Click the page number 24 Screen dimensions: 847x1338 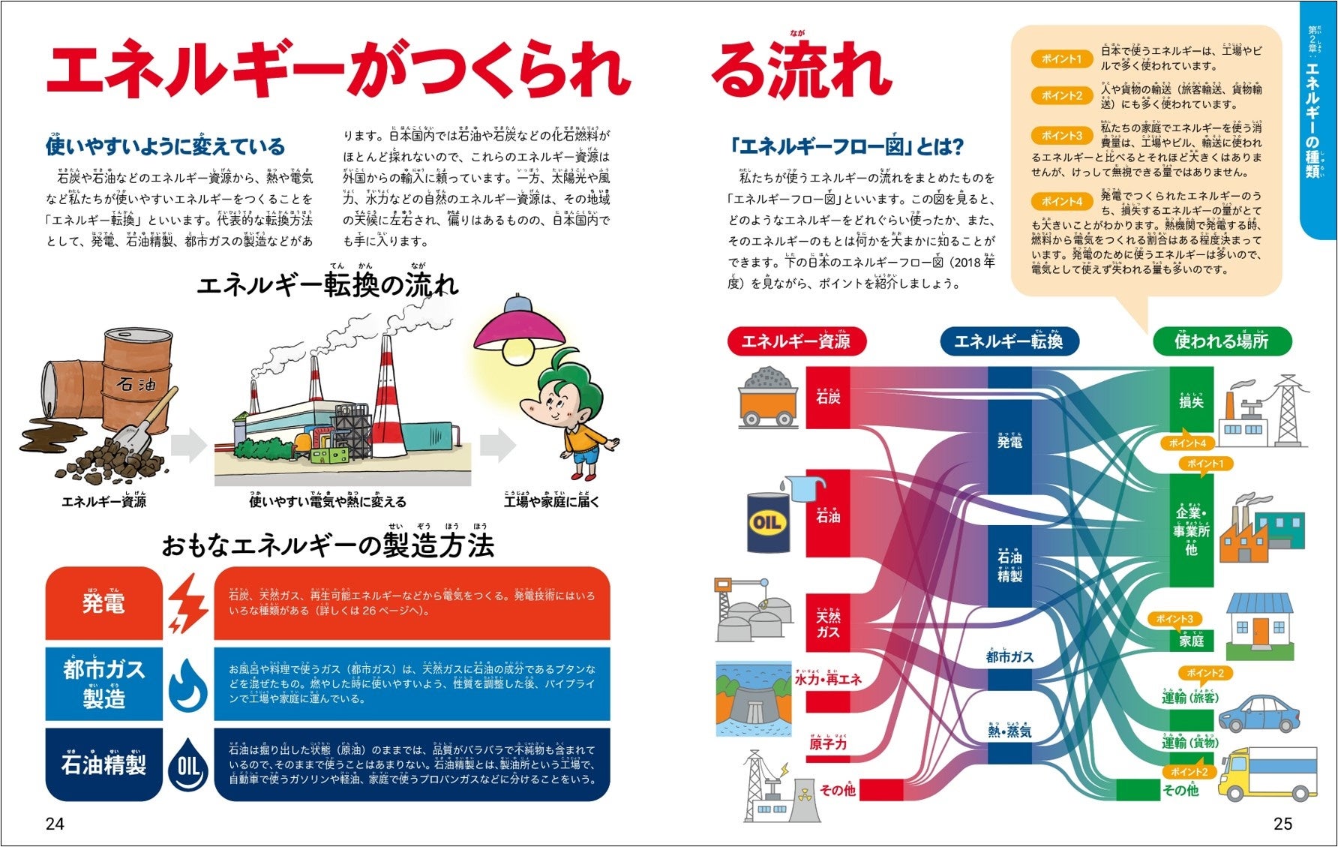55,824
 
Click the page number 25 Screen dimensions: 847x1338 1282,824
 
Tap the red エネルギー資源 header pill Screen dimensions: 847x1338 796,341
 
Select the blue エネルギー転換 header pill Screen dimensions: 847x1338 1009,341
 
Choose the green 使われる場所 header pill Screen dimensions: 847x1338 1221,341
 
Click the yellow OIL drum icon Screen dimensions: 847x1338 769,522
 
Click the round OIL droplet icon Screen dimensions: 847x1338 187,764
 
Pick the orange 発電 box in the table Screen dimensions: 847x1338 103,603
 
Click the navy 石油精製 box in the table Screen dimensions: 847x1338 103,764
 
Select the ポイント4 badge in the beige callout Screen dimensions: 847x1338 1061,201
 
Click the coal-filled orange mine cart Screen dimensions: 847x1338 767,398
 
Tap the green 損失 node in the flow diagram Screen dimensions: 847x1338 1191,401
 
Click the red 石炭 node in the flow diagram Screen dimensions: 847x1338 828,398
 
